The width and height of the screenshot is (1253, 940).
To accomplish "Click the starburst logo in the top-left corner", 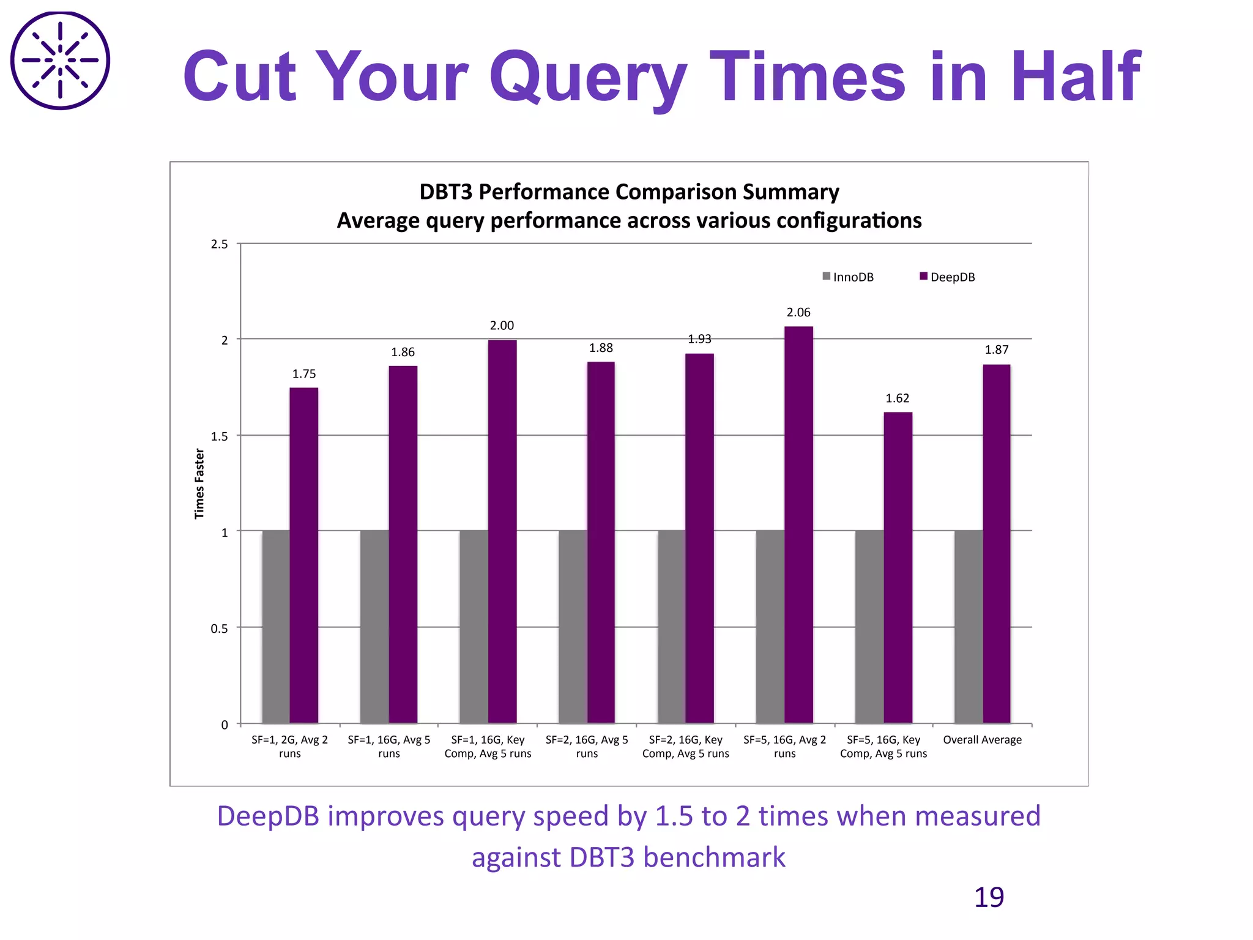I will (60, 60).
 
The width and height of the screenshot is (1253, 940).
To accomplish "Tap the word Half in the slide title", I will (1076, 76).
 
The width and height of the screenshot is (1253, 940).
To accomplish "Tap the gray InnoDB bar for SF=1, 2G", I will (276, 627).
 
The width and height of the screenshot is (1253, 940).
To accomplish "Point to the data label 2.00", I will (502, 326).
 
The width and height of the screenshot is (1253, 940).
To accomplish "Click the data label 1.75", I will (304, 374).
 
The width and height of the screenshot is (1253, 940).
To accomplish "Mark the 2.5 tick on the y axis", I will (219, 244).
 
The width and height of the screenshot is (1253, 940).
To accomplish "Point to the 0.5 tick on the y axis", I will (219, 629).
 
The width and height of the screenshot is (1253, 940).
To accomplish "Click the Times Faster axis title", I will (199, 483).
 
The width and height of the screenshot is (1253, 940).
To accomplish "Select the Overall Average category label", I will (982, 740).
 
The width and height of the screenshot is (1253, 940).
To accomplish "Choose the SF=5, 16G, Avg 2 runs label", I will (784, 747).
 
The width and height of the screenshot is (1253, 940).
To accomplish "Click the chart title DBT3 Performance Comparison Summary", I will (629, 192).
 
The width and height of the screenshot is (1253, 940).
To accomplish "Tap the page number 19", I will (989, 897).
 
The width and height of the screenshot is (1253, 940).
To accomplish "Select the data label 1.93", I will (699, 339).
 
